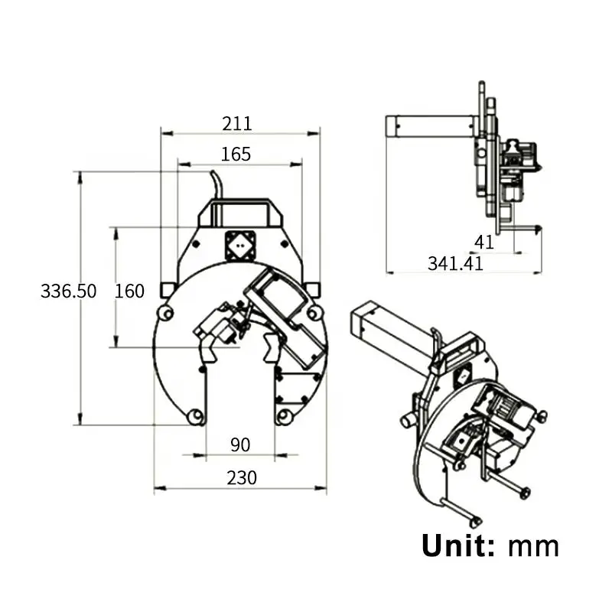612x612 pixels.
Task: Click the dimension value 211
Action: coord(236,122)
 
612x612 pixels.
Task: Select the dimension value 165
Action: coord(236,154)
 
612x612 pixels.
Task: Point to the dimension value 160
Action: coord(129,291)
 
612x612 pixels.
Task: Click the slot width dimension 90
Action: coord(241,444)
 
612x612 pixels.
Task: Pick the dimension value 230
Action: coord(241,477)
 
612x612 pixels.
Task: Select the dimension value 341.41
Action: coord(455,264)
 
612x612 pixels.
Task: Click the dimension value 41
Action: coord(484,242)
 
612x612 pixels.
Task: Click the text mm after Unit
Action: coord(534,546)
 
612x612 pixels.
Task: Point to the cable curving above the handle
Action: coord(216,184)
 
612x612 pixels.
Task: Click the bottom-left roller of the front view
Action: coord(196,416)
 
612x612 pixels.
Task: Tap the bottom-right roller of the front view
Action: coord(285,416)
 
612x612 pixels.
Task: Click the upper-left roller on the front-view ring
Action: coord(164,313)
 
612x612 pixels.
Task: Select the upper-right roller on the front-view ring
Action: coord(313,313)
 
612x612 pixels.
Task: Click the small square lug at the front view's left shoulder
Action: coord(168,290)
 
